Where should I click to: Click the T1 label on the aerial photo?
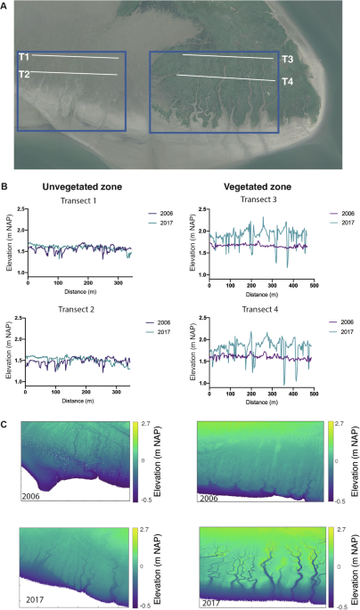pos(24,57)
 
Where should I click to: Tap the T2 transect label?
pos(24,74)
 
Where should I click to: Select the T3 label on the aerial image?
pos(288,60)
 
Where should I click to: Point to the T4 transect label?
pos(288,82)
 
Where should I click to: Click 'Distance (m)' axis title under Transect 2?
pos(78,399)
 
